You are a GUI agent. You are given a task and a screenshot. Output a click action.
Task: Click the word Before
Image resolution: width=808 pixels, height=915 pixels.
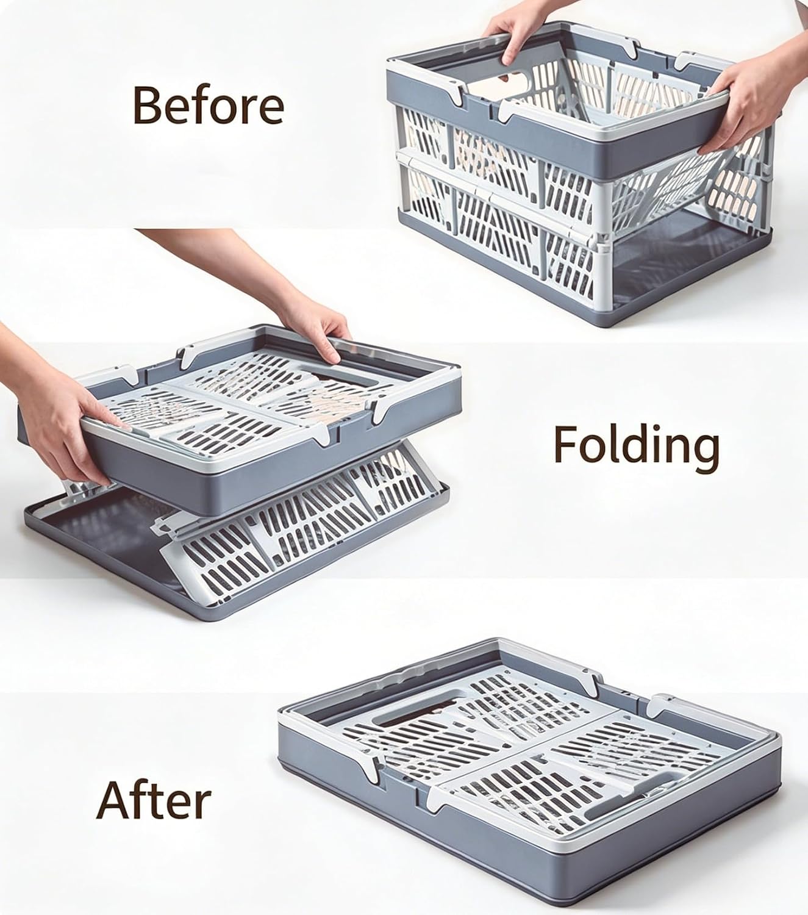click(208, 105)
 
